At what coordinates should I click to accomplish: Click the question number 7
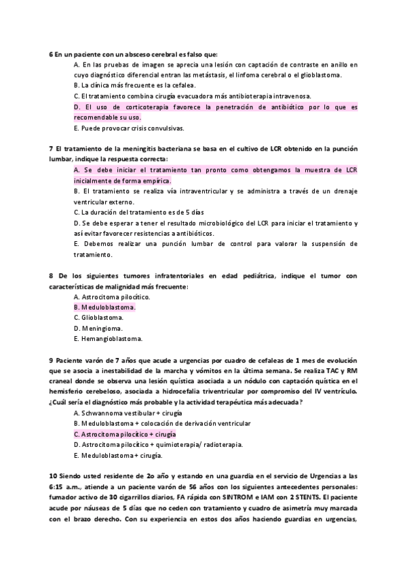[51, 148]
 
